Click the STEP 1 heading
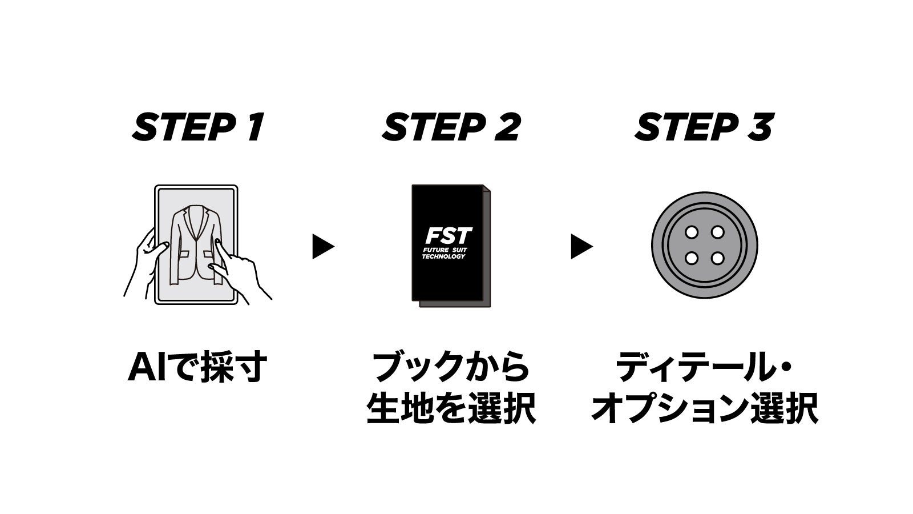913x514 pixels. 198,127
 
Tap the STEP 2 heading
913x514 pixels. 451,127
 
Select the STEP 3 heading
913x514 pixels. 704,127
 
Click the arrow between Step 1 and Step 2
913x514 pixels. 323,246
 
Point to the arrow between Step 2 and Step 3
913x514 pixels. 581,246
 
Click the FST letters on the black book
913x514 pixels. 449,236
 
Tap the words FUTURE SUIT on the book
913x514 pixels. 445,250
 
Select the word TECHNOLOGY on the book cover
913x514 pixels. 443,256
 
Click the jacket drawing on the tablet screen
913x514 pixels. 197,245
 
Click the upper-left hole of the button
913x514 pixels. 691,232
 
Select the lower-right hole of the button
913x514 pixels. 717,258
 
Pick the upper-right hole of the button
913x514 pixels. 717,232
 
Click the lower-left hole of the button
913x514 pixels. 691,258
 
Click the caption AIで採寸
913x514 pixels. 197,367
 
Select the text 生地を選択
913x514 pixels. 451,408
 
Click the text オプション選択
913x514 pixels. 705,408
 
